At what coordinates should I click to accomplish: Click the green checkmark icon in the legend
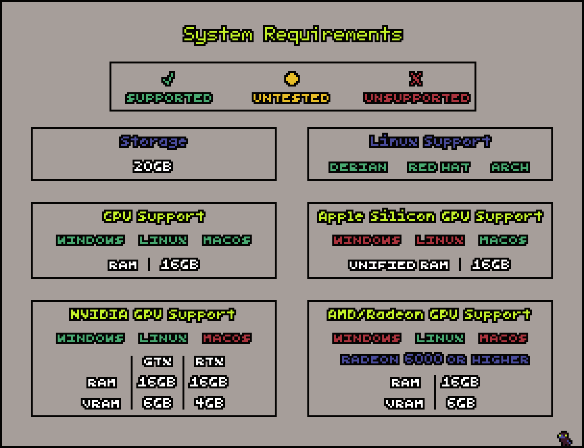point(168,78)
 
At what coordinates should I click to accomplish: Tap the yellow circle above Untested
point(292,79)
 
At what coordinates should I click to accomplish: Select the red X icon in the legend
point(416,79)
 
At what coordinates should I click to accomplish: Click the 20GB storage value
point(153,166)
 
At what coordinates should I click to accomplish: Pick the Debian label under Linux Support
point(358,167)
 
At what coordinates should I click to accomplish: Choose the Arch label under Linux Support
point(510,167)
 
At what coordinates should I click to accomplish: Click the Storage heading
point(154,142)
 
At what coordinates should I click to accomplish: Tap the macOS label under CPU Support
point(227,240)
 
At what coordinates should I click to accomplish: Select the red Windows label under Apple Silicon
point(367,240)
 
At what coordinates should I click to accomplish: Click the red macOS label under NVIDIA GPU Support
point(227,338)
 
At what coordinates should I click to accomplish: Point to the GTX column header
point(158,361)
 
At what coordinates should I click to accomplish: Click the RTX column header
point(209,361)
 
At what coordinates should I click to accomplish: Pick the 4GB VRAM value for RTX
point(209,402)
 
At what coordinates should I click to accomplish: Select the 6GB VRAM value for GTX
point(158,402)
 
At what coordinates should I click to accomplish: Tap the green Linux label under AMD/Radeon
point(439,338)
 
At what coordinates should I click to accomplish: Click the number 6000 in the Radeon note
point(423,359)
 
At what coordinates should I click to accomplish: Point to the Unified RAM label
point(399,265)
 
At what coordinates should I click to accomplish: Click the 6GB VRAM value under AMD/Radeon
point(461,402)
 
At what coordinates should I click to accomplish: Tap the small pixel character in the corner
point(564,438)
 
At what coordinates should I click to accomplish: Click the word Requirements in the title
point(333,35)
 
